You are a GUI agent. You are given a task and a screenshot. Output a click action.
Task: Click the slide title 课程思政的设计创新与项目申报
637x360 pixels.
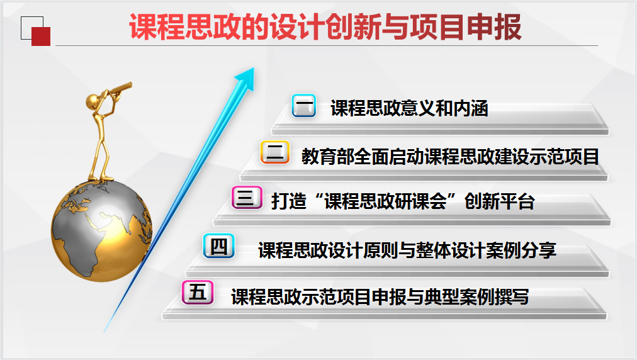click(x=325, y=27)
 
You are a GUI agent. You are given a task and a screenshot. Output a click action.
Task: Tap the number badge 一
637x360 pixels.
click(x=304, y=106)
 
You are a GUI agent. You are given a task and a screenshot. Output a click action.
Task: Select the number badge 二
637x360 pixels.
click(x=275, y=152)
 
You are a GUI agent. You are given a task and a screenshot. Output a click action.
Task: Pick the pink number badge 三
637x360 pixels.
click(x=247, y=198)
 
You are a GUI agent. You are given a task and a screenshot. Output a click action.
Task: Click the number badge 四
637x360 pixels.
click(x=219, y=246)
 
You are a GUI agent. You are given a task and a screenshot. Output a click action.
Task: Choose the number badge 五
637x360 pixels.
click(x=198, y=292)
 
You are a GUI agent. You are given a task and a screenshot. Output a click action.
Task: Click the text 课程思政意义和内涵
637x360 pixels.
click(x=409, y=108)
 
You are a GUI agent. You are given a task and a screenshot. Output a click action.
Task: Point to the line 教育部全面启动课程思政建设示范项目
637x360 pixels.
click(x=450, y=157)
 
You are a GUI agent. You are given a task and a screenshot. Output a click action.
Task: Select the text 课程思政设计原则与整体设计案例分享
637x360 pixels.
click(x=407, y=250)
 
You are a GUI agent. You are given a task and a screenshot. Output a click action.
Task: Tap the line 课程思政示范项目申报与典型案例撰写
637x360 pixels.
click(x=380, y=296)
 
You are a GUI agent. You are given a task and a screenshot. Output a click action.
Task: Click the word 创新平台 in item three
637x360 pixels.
click(x=499, y=201)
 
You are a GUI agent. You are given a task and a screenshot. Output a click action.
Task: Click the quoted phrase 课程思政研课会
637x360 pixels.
click(x=385, y=201)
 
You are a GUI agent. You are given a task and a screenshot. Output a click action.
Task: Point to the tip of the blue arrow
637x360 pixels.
click(x=254, y=68)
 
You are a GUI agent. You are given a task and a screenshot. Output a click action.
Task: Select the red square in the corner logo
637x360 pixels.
click(x=41, y=37)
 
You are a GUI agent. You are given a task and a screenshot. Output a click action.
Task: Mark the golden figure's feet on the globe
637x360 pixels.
click(x=100, y=177)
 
